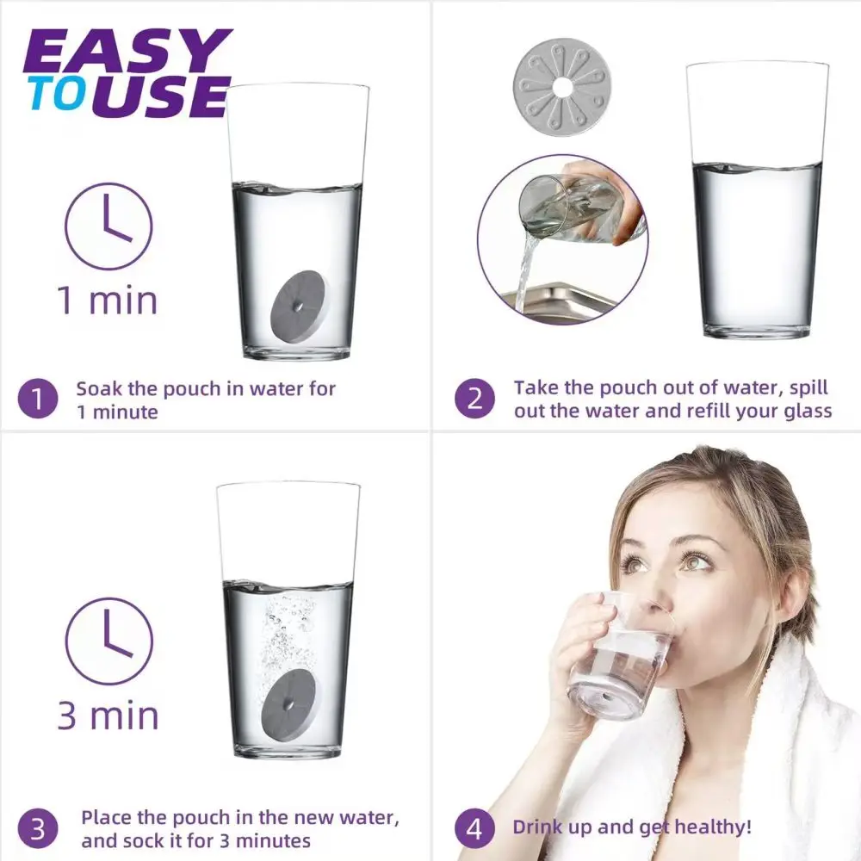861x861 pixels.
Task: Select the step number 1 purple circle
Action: pyautogui.click(x=37, y=400)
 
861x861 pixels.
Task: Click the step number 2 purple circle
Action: pyautogui.click(x=475, y=399)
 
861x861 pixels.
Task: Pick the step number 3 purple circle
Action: pyautogui.click(x=37, y=828)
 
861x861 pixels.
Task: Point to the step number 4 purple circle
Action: pyautogui.click(x=475, y=828)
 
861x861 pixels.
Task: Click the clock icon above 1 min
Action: pyautogui.click(x=108, y=226)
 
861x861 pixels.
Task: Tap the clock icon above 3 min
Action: pyautogui.click(x=108, y=641)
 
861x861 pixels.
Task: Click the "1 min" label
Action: pyautogui.click(x=108, y=300)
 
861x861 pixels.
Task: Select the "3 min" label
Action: pyautogui.click(x=108, y=715)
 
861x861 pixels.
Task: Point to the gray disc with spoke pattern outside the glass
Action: pyautogui.click(x=562, y=85)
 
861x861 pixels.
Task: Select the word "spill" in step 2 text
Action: pyautogui.click(x=808, y=388)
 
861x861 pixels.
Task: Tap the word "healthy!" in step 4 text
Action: pyautogui.click(x=713, y=827)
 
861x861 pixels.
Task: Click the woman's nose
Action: pyautogui.click(x=656, y=596)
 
